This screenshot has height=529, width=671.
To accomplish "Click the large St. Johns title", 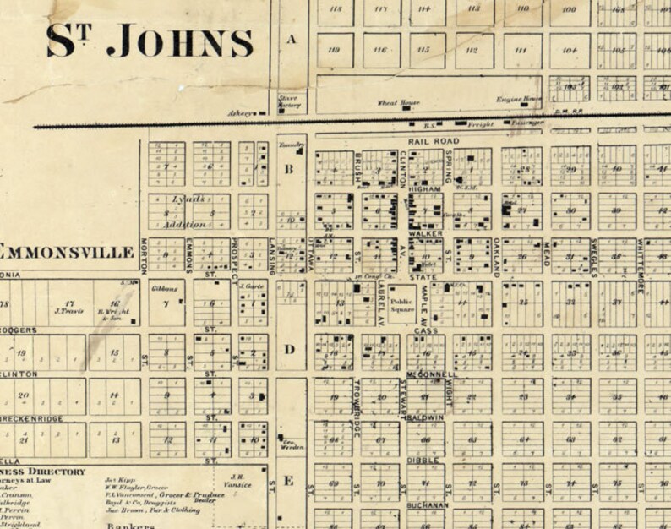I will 150,41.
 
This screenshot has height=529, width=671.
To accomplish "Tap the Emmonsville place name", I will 68,252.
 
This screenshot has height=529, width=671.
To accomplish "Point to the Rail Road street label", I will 433,141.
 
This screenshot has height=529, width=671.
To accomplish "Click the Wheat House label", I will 397,102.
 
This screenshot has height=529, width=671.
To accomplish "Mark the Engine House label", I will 519,99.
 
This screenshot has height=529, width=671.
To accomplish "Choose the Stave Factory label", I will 290,102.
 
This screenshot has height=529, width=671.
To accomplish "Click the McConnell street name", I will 430,374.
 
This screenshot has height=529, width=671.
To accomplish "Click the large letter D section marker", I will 288,349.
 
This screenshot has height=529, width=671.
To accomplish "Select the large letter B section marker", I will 288,169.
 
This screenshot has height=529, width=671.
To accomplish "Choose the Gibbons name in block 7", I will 163,289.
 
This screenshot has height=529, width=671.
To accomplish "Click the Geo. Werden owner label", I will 292,444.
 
